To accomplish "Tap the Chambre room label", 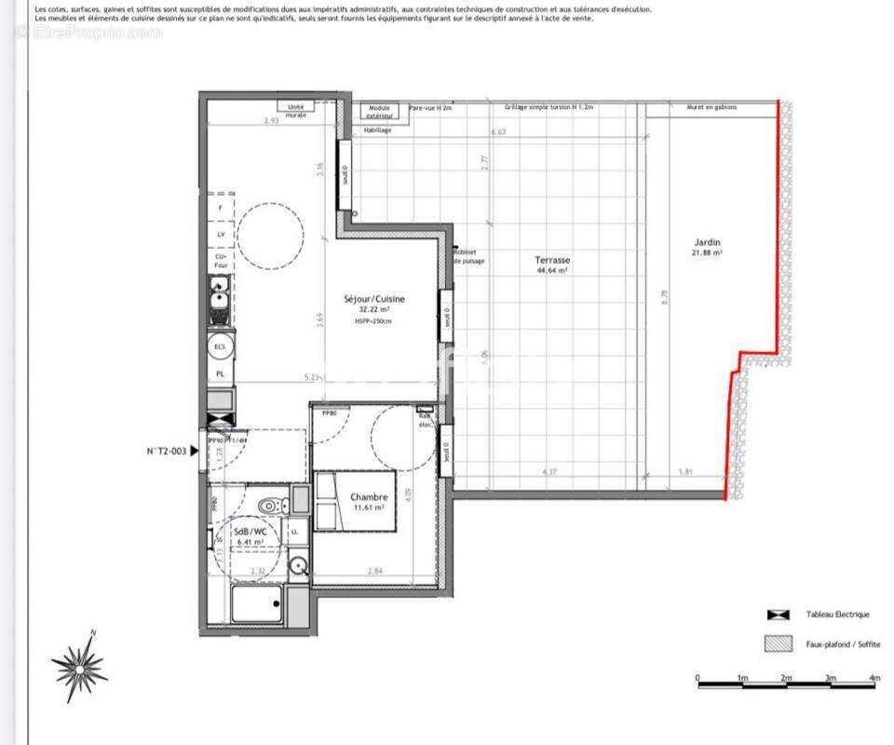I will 368,496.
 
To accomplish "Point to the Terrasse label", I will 552,260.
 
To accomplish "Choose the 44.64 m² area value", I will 552,271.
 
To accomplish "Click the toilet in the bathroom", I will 270,506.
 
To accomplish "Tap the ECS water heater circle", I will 221,347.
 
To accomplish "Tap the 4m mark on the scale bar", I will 873,678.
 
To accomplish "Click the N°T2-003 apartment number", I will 168,451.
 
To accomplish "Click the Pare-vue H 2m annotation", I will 430,108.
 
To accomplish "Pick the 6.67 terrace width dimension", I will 498,132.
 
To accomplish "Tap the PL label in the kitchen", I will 221,374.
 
